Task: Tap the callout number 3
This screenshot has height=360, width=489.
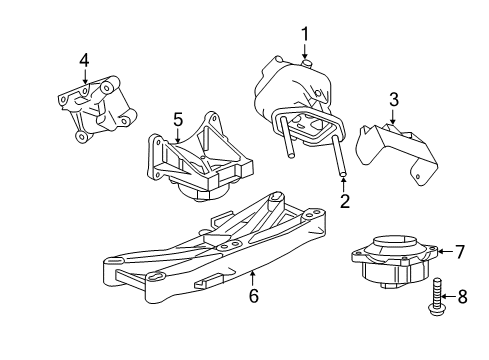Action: point(394,99)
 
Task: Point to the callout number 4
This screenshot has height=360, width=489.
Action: point(85,60)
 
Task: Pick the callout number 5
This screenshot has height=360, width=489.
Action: point(177,120)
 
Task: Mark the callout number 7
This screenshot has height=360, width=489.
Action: point(461,252)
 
